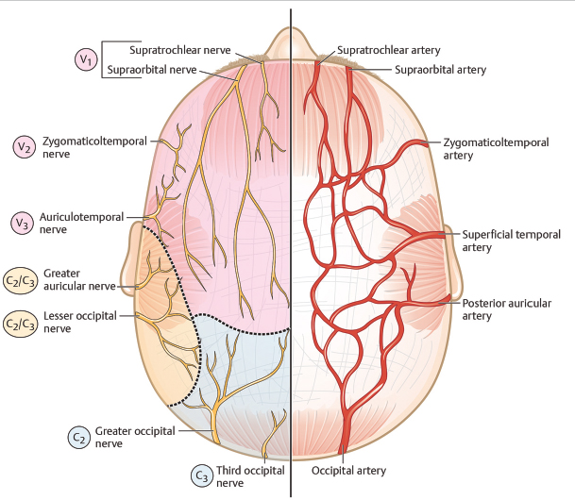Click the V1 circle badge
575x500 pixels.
[x=86, y=60]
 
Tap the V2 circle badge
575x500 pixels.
[x=24, y=146]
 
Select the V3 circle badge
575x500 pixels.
[x=24, y=223]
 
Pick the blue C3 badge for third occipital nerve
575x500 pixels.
[x=202, y=475]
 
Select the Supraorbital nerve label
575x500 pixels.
[x=151, y=70]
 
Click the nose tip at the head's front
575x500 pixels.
[x=289, y=39]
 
